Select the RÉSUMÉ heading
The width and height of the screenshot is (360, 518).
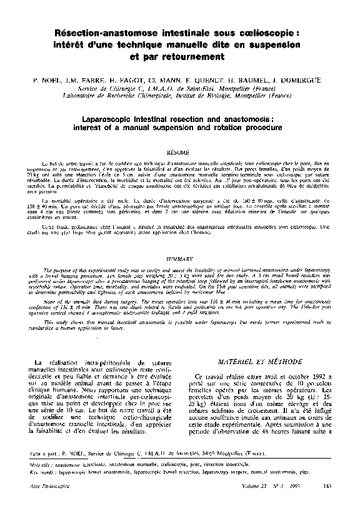pyautogui.click(x=179, y=152)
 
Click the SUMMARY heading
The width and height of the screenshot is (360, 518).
pyautogui.click(x=179, y=258)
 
